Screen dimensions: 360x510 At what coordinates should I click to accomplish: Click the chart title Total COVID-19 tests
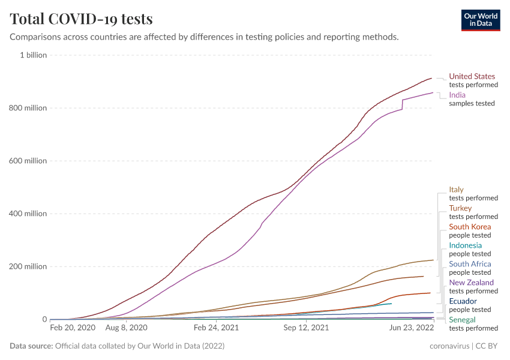coord(81,19)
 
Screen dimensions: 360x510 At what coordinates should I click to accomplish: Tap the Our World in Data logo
coord(480,20)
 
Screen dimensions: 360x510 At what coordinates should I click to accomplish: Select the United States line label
coord(472,76)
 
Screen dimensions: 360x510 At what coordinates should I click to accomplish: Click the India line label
coord(457,95)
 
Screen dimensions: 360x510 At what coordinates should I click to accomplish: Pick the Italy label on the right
coord(456,190)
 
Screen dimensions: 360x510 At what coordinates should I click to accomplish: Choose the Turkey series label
coord(460,208)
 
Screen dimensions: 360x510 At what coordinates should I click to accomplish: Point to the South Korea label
coord(470,227)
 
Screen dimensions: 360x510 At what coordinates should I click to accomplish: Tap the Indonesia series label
coord(465,245)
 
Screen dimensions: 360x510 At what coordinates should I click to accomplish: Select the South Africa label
coord(470,264)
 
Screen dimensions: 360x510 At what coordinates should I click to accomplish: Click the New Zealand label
coord(471,283)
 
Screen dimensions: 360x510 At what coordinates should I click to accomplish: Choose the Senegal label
coord(462,320)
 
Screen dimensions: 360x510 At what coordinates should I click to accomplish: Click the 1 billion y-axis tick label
coord(34,55)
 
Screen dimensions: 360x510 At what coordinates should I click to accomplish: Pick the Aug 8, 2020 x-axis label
coord(126,328)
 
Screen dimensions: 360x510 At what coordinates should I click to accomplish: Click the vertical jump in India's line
coord(402,104)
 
